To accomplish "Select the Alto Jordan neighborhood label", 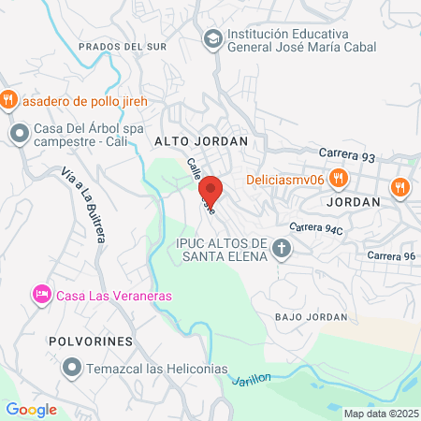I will pos(200,140).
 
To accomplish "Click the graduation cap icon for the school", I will pos(212,39).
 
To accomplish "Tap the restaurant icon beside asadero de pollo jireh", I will pos(8,99).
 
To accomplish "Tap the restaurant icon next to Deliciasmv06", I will pos(339,180).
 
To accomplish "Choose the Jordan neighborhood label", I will pos(355,201).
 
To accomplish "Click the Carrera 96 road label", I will pos(391,255).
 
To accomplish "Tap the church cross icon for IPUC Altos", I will pos(282,249).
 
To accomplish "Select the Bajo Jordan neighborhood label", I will pos(311,317).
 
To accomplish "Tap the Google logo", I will pos(31,409).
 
